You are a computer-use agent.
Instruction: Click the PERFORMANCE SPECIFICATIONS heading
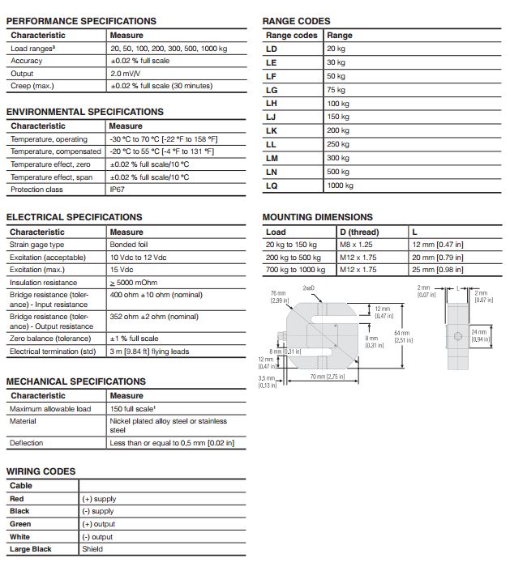[x=81, y=21]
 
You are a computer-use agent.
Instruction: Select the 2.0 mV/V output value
[x=126, y=74]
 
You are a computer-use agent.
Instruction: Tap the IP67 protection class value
[x=118, y=190]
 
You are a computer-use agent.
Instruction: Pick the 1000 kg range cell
[x=341, y=185]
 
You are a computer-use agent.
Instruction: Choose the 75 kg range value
[x=336, y=90]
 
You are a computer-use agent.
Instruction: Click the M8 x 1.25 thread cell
[x=358, y=244]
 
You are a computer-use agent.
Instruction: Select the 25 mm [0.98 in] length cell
[x=438, y=270]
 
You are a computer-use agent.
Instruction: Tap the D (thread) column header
[x=359, y=232]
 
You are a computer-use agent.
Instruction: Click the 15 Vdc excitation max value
[x=122, y=270]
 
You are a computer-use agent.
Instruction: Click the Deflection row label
[x=27, y=443]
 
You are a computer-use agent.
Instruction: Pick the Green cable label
[x=20, y=524]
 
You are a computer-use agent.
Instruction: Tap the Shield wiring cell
[x=92, y=549]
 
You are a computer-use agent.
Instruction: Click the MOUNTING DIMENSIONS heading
[x=317, y=217]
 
